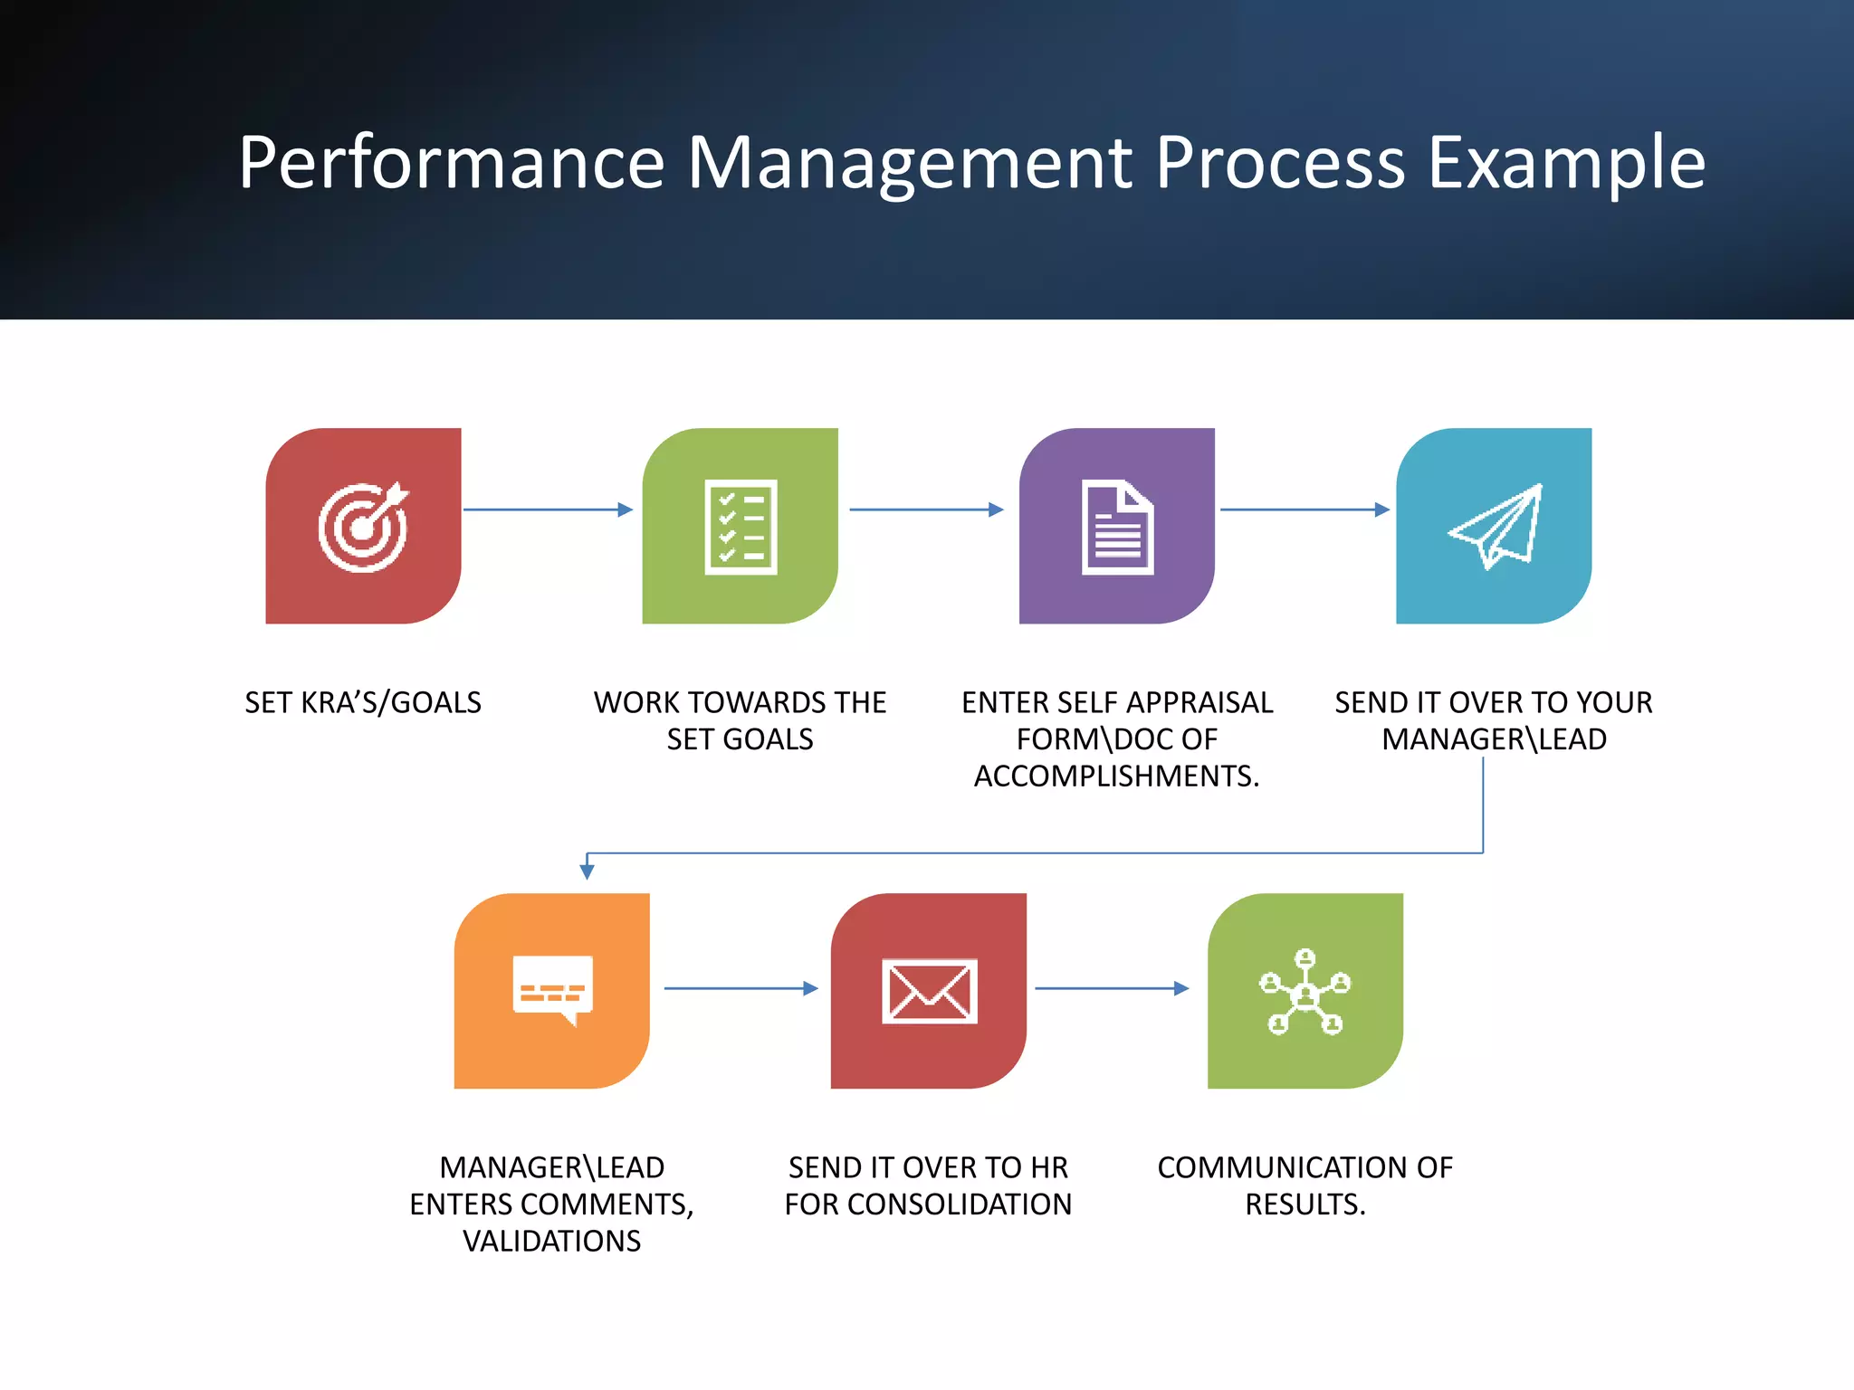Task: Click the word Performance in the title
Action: pyautogui.click(x=452, y=163)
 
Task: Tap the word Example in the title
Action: pyautogui.click(x=1566, y=163)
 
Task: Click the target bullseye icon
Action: pyautogui.click(x=363, y=527)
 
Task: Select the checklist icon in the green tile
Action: pyautogui.click(x=741, y=527)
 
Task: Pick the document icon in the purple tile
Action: pyautogui.click(x=1117, y=527)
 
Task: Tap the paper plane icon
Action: pyautogui.click(x=1495, y=527)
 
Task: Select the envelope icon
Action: pyautogui.click(x=929, y=991)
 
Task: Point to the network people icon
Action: pyautogui.click(x=1305, y=992)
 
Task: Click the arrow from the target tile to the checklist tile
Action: pyautogui.click(x=548, y=509)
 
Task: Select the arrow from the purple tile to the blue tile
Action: pyautogui.click(x=1304, y=509)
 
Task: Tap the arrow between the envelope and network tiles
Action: pyautogui.click(x=1112, y=988)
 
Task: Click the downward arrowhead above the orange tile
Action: pyautogui.click(x=587, y=871)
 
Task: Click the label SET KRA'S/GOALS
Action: pyautogui.click(x=363, y=703)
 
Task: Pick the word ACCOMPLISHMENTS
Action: pyautogui.click(x=1115, y=776)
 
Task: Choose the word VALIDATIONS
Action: pyautogui.click(x=551, y=1241)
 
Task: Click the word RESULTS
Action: pyautogui.click(x=1304, y=1204)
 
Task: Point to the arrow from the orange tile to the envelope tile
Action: pyautogui.click(x=741, y=988)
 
